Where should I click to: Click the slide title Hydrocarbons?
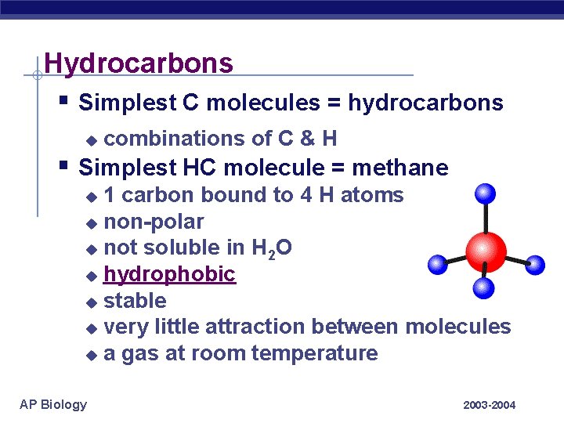tap(139, 63)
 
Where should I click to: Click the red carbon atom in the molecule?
tap(486, 251)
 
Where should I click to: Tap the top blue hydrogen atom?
tap(486, 193)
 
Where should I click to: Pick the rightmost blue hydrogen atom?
tap(534, 265)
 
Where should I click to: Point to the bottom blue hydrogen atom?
tap(486, 287)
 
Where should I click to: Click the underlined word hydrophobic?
tap(169, 274)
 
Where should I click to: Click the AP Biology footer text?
tap(53, 404)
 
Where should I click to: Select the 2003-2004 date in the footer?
tap(490, 405)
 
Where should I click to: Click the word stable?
tap(135, 301)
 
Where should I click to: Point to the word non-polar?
tap(154, 222)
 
